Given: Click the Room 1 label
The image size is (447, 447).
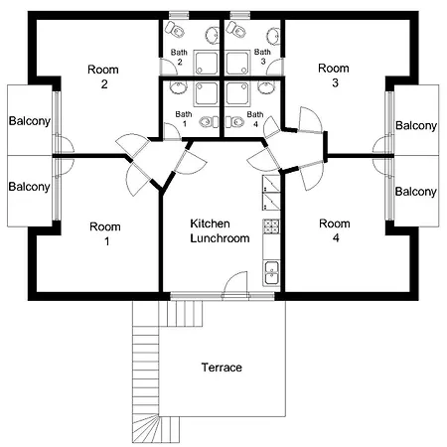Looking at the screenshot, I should pyautogui.click(x=105, y=232).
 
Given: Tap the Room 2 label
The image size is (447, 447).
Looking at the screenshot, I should pyautogui.click(x=102, y=75).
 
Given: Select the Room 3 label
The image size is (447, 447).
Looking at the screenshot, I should pyautogui.click(x=334, y=75).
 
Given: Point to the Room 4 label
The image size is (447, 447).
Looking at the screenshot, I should pyautogui.click(x=334, y=231).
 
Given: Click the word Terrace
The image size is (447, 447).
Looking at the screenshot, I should pyautogui.click(x=222, y=368).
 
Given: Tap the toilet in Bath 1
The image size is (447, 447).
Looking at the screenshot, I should pyautogui.click(x=207, y=122).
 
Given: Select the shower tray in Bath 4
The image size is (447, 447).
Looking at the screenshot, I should pyautogui.click(x=240, y=93).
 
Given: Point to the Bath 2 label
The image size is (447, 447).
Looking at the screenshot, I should pyautogui.click(x=179, y=57).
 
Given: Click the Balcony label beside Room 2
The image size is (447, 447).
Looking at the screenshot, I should pyautogui.click(x=29, y=122).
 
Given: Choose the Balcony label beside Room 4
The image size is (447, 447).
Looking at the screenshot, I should pyautogui.click(x=415, y=192).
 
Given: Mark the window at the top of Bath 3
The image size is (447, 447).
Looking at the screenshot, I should pyautogui.click(x=239, y=16).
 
